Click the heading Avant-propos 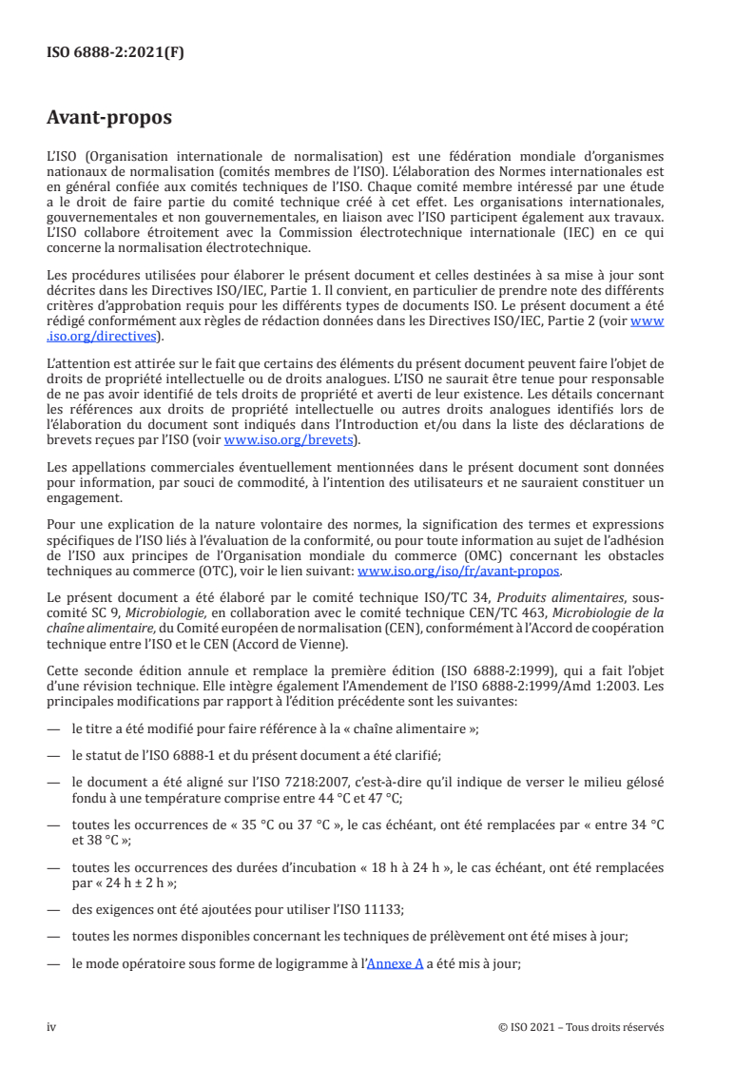click(x=109, y=118)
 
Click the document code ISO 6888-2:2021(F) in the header click(x=115, y=53)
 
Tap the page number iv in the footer click(x=51, y=1027)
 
